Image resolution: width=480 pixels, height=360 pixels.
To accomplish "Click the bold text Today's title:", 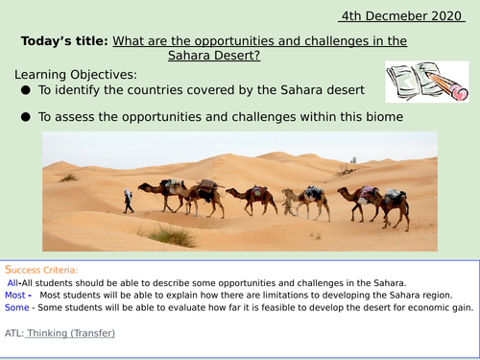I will pos(62,41).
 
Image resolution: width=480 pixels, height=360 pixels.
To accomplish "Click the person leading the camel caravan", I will pos(129,200).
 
